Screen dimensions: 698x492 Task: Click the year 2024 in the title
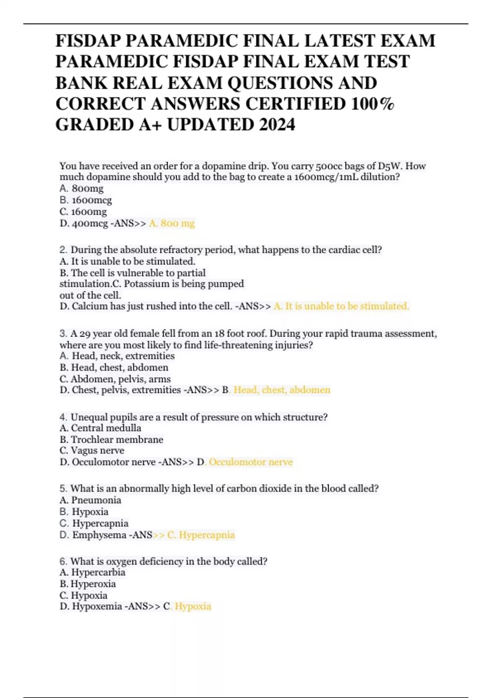tap(277, 125)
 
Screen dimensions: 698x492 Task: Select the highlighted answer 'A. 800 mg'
tap(172, 223)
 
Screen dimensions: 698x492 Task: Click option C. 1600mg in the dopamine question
tap(83, 212)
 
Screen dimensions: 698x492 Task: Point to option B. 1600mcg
tap(86, 200)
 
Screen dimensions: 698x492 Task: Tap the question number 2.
tap(63, 250)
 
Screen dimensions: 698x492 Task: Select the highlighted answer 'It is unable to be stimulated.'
tap(342, 306)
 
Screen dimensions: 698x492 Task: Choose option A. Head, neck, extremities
tap(117, 356)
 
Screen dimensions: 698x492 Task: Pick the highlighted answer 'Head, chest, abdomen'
tap(282, 390)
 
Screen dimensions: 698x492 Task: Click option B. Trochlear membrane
tap(112, 440)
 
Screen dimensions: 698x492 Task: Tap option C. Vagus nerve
tap(92, 450)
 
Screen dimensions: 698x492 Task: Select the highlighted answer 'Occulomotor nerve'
tap(251, 462)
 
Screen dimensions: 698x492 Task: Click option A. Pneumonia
tap(91, 500)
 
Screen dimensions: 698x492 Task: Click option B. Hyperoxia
tap(88, 584)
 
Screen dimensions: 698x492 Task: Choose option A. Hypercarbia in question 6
tap(93, 572)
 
